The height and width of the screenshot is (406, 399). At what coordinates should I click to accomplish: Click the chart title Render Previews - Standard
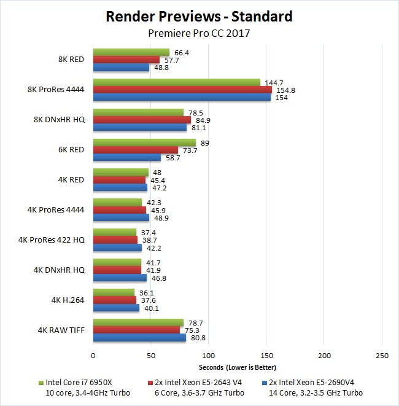(x=199, y=16)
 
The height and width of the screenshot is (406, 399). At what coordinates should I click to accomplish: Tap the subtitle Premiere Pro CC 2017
(x=199, y=33)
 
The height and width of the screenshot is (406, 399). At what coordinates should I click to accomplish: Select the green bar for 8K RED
(x=131, y=52)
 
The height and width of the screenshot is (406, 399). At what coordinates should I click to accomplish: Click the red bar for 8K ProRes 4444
(x=182, y=90)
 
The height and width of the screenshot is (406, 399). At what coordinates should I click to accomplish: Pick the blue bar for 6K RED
(x=126, y=157)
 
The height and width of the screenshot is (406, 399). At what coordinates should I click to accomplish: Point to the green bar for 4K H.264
(x=114, y=292)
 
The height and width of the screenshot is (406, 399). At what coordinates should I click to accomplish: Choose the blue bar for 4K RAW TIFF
(x=139, y=337)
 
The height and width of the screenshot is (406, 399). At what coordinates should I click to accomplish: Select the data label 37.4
(x=149, y=233)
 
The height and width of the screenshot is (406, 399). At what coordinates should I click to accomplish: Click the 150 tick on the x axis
(x=266, y=355)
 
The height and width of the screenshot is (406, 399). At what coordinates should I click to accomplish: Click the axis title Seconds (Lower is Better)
(x=237, y=367)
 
